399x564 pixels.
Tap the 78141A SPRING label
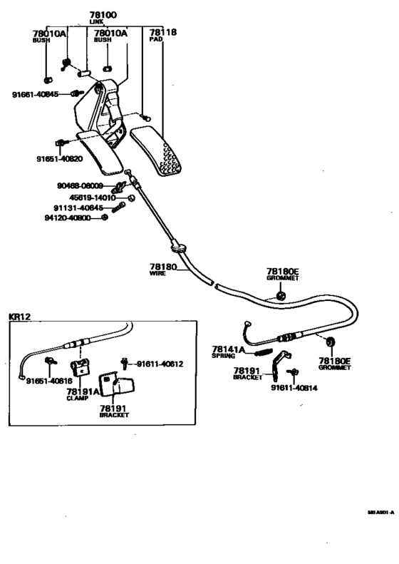[228, 350]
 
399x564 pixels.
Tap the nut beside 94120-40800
[105, 217]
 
